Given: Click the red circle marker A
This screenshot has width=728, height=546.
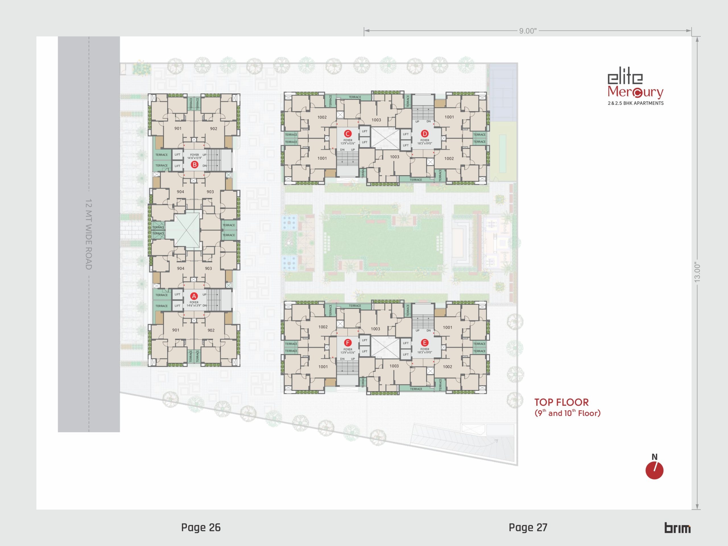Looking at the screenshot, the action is [x=194, y=296].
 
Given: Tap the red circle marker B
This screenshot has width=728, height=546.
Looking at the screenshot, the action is [x=195, y=165].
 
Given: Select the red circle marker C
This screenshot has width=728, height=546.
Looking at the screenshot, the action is [x=348, y=134].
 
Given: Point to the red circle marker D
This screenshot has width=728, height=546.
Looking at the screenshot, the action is [x=425, y=134].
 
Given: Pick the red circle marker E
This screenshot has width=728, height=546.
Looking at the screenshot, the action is [x=425, y=343].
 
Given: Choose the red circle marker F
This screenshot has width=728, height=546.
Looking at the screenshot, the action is [x=348, y=343].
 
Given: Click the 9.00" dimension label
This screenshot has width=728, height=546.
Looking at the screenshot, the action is [x=528, y=31].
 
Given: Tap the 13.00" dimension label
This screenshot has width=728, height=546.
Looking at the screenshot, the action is [x=697, y=272].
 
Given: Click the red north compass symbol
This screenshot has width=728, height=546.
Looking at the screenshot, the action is [x=654, y=470].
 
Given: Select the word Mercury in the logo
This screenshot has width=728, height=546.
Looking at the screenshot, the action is [x=635, y=92].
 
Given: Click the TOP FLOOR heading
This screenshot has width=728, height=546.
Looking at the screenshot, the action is [x=561, y=402].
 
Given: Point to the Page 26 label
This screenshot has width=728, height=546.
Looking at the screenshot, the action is [x=201, y=528].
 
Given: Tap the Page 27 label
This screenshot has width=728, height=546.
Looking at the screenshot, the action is [x=528, y=528].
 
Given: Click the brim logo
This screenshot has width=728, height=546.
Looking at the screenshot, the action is [x=677, y=528].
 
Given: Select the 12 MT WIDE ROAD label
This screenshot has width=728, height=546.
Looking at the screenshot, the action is [x=88, y=234].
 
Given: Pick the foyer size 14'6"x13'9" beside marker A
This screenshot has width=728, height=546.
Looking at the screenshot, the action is [x=194, y=305].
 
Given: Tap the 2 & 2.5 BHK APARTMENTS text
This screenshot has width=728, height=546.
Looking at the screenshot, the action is [x=636, y=103].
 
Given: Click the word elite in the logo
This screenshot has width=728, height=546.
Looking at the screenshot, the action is [x=625, y=78].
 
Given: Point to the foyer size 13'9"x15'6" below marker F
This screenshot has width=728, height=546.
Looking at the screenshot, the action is [x=348, y=352].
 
